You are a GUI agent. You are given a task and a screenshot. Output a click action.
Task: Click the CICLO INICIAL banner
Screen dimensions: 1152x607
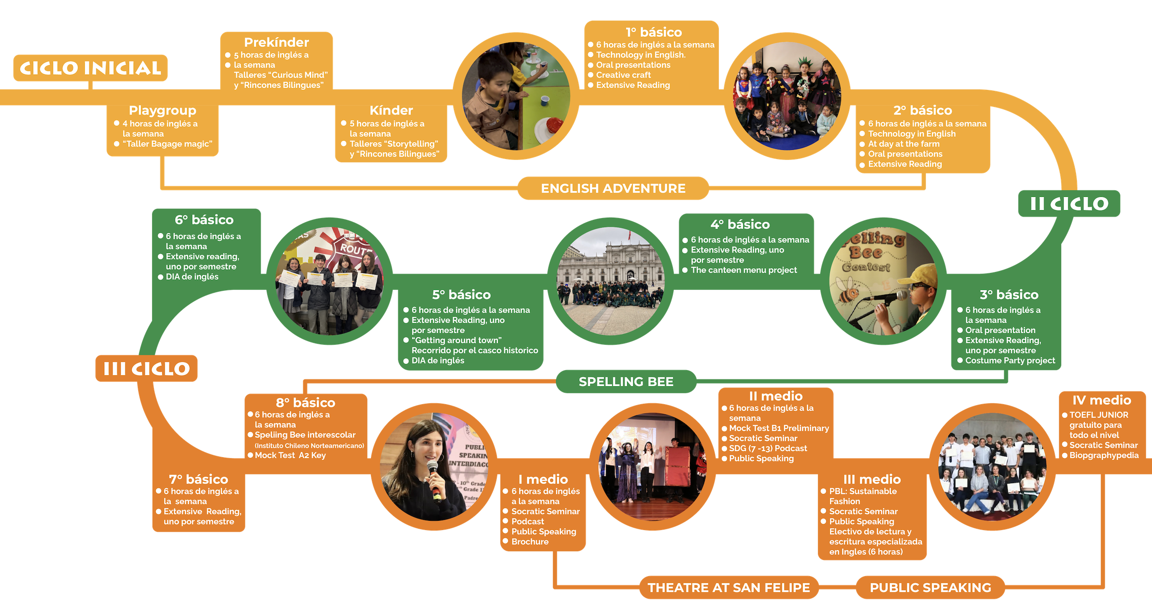pyautogui.click(x=90, y=68)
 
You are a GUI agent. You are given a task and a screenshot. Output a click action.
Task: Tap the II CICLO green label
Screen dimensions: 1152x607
pyautogui.click(x=1069, y=203)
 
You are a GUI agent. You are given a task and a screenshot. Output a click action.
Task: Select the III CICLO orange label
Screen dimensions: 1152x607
pyautogui.click(x=147, y=368)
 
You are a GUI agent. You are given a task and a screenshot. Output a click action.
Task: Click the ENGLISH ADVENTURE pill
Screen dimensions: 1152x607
pyautogui.click(x=613, y=188)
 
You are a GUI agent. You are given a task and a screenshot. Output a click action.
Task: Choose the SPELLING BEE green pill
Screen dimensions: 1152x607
pyautogui.click(x=626, y=382)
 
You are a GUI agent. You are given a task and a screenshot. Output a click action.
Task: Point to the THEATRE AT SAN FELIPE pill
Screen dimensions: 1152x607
pyautogui.click(x=729, y=588)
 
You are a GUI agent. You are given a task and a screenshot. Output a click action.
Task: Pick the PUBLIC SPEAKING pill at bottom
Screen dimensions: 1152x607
pyautogui.click(x=930, y=588)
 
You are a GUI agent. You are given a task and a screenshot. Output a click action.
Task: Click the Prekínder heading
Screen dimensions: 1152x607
pyautogui.click(x=276, y=42)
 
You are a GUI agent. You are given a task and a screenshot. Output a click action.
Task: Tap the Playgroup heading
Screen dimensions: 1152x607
pyautogui.click(x=163, y=111)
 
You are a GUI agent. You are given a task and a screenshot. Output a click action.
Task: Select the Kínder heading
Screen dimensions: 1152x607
pyautogui.click(x=391, y=111)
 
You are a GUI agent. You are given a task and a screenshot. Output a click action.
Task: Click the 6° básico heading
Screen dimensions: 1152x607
pyautogui.click(x=204, y=220)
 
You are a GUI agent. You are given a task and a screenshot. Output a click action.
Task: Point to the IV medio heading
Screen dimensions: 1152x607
pyautogui.click(x=1102, y=400)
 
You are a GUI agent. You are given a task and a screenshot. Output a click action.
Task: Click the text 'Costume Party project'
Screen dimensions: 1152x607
pyautogui.click(x=1010, y=360)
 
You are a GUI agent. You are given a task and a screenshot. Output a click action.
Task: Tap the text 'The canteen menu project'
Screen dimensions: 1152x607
pyautogui.click(x=744, y=270)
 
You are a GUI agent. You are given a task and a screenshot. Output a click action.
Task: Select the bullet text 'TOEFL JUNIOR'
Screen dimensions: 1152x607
pyautogui.click(x=1099, y=415)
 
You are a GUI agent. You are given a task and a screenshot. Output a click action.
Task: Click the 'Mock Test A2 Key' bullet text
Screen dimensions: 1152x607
pyautogui.click(x=290, y=455)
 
